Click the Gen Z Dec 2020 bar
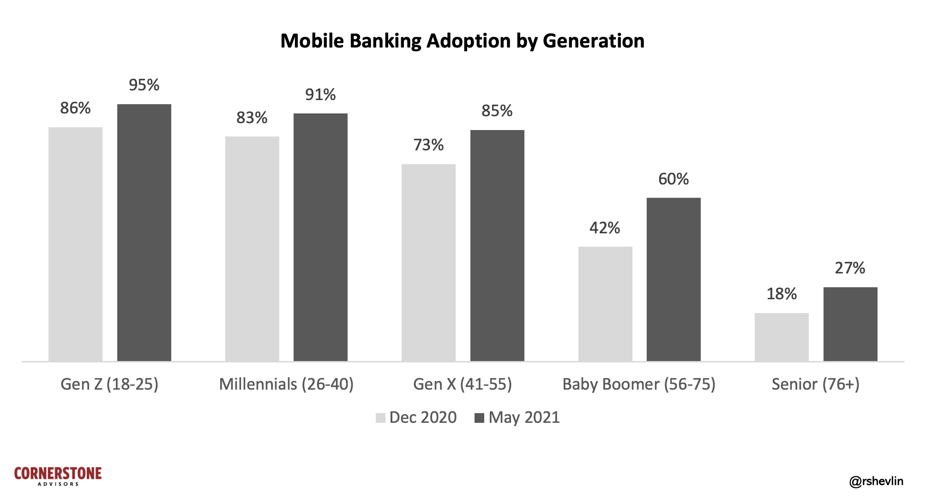[x=75, y=244]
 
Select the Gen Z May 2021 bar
[x=144, y=232]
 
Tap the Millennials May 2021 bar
[x=320, y=237]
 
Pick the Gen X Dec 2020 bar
[x=428, y=262]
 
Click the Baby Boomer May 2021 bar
[x=673, y=279]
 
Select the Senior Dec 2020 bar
[x=782, y=337]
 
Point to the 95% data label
[x=144, y=85]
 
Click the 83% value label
[x=252, y=118]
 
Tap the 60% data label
[x=673, y=179]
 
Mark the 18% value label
[x=782, y=294]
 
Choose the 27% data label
[x=850, y=268]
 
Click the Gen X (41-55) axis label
[x=463, y=384]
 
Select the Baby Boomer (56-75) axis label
[x=639, y=384]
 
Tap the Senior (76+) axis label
[x=816, y=384]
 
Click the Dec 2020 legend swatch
[x=380, y=418]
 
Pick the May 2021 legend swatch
[x=479, y=418]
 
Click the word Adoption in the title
[x=469, y=41]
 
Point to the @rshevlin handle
[x=876, y=481]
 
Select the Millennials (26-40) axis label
[x=286, y=384]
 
